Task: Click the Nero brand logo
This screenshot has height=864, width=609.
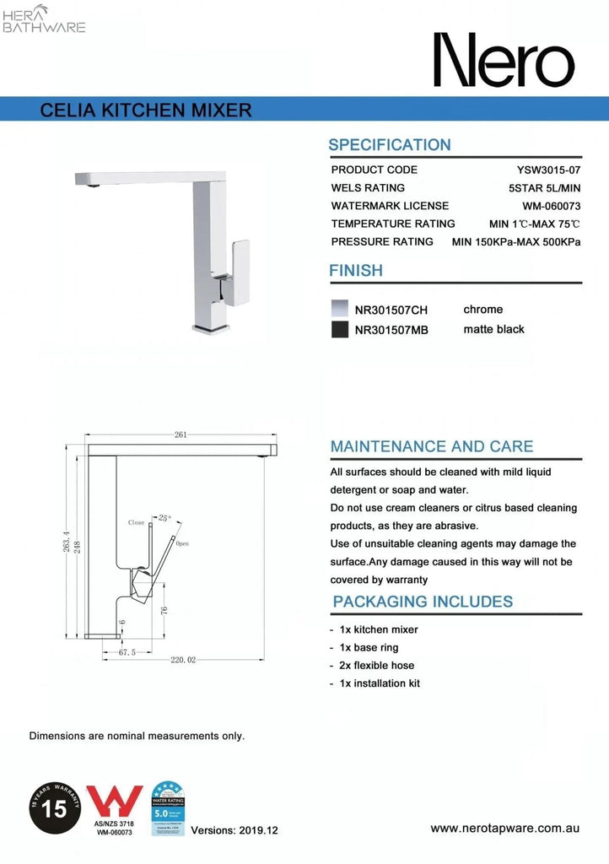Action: (504, 61)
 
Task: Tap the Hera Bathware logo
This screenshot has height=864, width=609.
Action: (45, 19)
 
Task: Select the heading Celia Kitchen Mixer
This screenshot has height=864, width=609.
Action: (146, 110)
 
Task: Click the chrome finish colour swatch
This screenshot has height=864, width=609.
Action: (339, 310)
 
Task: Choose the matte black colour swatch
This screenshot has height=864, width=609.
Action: (339, 330)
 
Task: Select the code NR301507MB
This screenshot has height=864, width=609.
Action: (392, 330)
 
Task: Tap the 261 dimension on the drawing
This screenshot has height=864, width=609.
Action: (181, 435)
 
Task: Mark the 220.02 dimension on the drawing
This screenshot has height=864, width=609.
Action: (183, 660)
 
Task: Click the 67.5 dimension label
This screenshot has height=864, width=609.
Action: (127, 652)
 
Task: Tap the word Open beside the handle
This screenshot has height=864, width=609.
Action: (182, 544)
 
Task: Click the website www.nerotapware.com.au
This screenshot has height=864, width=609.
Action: (504, 829)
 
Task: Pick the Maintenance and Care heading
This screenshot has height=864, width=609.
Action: (431, 446)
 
